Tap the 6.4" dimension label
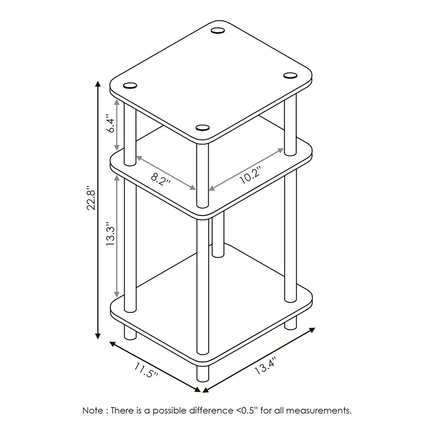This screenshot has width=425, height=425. pos(110,124)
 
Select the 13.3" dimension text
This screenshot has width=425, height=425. pos(110,234)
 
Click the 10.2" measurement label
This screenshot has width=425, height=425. pos(249,176)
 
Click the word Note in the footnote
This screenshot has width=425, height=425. pos(92,411)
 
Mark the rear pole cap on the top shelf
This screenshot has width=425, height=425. pos(218,30)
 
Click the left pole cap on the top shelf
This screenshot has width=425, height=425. pos(130,85)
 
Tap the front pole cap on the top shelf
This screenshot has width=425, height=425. pos(203,127)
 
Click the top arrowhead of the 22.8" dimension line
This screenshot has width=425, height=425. pos(98,84)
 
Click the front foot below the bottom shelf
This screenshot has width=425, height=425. pos(203,373)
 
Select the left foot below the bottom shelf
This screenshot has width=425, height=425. pos(130,331)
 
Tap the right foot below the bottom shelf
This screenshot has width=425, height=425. pos(291,323)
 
